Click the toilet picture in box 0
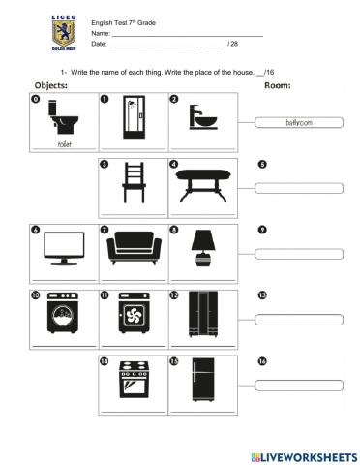pos(64,120)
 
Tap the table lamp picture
pos(203,248)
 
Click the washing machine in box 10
pos(64,315)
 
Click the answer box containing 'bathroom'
pos(299,123)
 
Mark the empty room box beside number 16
pos(299,384)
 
